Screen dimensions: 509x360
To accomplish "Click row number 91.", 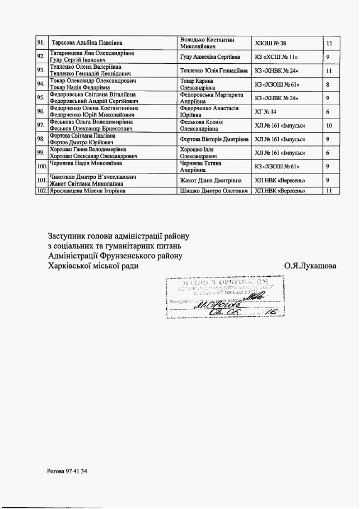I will point(41,43).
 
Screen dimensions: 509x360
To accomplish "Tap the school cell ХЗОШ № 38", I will point(271,43).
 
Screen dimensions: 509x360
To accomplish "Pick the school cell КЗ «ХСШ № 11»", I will point(275,56).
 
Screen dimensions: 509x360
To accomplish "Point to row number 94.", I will point(41,84).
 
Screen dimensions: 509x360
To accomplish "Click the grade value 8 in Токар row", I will point(328,84).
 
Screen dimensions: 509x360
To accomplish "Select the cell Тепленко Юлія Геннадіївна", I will point(214,70).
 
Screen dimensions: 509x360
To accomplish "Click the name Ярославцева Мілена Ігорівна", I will point(87,191).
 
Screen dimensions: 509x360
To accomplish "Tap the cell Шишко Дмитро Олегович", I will point(214,191).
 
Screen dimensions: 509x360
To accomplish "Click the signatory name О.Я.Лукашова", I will point(310,266).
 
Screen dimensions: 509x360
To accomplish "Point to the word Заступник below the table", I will point(71,235).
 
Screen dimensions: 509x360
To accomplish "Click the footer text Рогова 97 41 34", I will point(67,472).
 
